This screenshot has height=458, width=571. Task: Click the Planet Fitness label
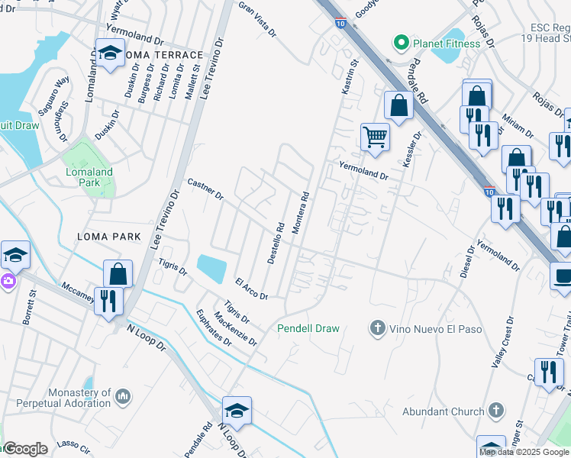pyautogui.click(x=447, y=44)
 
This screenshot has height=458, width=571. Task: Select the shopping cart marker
pyautogui.click(x=375, y=137)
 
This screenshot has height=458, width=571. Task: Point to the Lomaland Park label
pyautogui.click(x=89, y=177)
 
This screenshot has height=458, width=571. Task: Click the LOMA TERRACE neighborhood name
pyautogui.click(x=164, y=55)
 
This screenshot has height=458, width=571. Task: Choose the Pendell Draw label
pyautogui.click(x=308, y=328)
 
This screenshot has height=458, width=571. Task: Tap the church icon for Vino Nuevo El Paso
pyautogui.click(x=376, y=329)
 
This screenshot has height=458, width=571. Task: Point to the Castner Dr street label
pyautogui.click(x=205, y=190)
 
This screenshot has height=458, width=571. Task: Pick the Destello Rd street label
pyautogui.click(x=276, y=243)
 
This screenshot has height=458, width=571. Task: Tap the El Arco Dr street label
pyautogui.click(x=251, y=289)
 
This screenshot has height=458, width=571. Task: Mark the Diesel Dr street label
pyautogui.click(x=466, y=263)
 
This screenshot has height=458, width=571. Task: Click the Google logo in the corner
pyautogui.click(x=25, y=449)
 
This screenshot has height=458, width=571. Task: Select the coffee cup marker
pyautogui.click(x=562, y=276)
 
